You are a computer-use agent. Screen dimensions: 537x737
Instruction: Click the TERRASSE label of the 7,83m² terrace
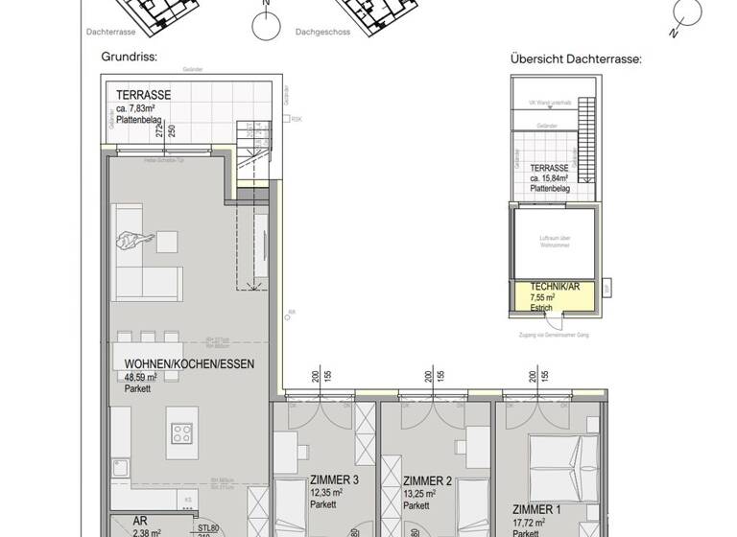click(x=143, y=95)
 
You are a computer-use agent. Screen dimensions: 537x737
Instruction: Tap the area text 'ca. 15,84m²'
click(x=550, y=178)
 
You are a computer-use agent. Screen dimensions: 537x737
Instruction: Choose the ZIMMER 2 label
click(x=427, y=480)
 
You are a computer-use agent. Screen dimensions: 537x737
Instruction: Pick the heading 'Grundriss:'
click(x=129, y=57)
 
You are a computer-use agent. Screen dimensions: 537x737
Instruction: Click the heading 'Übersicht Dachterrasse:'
click(x=576, y=58)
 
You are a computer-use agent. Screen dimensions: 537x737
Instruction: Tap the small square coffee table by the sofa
click(x=168, y=240)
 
